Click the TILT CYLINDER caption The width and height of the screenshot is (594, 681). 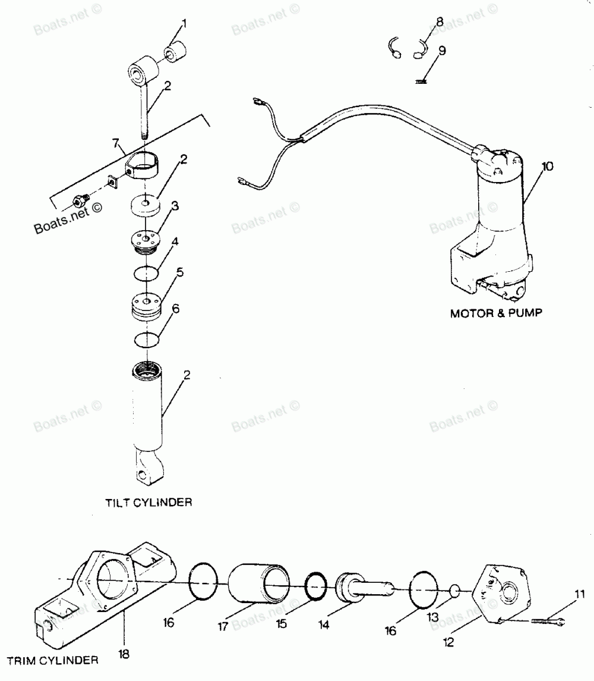pyautogui.click(x=148, y=503)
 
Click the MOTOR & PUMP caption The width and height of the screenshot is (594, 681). pyautogui.click(x=496, y=313)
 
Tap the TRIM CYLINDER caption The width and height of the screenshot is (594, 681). pyautogui.click(x=52, y=661)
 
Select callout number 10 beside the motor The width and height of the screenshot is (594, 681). pyautogui.click(x=548, y=167)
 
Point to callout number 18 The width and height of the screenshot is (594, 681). pyautogui.click(x=124, y=654)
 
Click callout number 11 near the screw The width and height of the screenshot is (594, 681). pyautogui.click(x=580, y=594)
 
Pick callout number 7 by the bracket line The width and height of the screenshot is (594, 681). pyautogui.click(x=115, y=143)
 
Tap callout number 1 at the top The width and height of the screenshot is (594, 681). pyautogui.click(x=184, y=23)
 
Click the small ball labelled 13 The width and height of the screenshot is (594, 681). pyautogui.click(x=454, y=591)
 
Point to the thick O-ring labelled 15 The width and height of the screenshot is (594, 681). pyautogui.click(x=315, y=586)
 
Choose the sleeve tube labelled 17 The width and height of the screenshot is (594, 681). pyautogui.click(x=258, y=583)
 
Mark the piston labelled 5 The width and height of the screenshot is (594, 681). pyautogui.click(x=147, y=307)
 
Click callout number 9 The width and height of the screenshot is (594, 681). pyautogui.click(x=442, y=51)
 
